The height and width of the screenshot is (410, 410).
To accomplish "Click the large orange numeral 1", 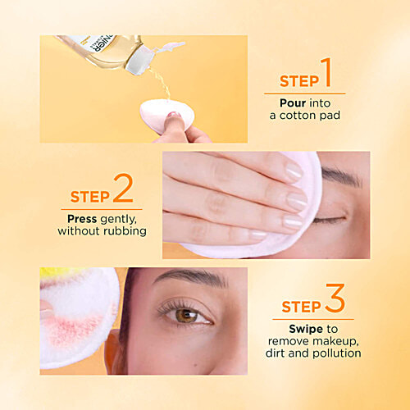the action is (326, 72).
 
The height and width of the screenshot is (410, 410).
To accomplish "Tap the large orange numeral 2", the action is (123, 188).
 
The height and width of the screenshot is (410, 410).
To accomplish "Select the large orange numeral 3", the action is (335, 298).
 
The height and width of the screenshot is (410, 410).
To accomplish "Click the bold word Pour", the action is (293, 103).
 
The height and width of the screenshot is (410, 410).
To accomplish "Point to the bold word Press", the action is (82, 219).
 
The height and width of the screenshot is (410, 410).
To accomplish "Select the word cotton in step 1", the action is (298, 116).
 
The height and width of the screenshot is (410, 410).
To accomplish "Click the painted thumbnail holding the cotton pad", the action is (174, 115).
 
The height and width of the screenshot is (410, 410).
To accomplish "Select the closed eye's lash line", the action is (330, 220).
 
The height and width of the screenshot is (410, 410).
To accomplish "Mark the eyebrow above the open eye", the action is (190, 277).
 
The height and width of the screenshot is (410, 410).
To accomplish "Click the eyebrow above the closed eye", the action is (342, 177).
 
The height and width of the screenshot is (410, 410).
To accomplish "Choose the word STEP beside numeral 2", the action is (90, 197).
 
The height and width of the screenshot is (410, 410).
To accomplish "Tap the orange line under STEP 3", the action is (313, 319).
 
